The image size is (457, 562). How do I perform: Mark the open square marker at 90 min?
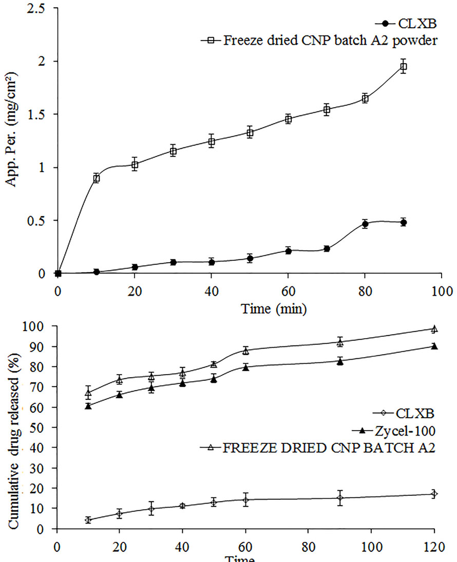tap(403, 67)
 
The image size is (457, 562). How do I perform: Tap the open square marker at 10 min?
tap(96, 178)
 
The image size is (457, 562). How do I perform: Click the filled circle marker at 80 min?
tap(365, 224)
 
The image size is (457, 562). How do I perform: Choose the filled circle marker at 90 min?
tap(403, 222)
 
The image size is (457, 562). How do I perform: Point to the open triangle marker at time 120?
tap(434, 329)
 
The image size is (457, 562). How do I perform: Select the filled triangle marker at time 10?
tap(88, 405)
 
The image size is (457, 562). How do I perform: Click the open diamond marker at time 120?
tap(434, 494)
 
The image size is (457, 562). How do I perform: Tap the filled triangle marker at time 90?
tap(339, 361)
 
